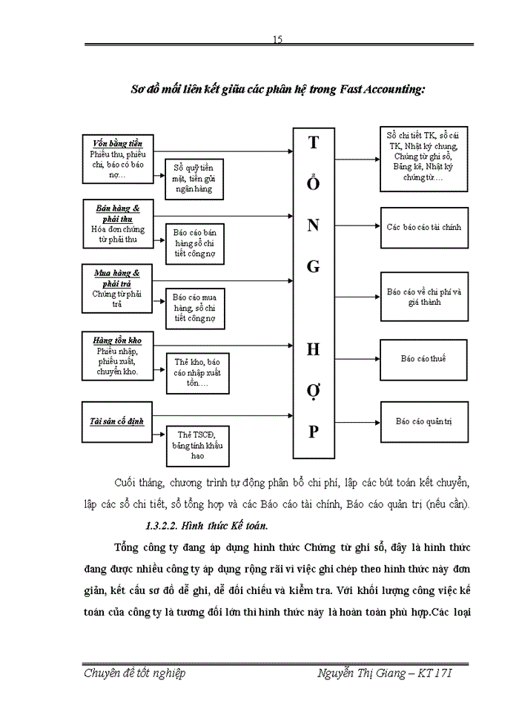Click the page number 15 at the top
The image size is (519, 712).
[x=277, y=39]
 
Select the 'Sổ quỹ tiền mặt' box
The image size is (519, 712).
[x=194, y=178]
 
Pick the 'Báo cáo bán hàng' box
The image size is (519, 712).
[x=194, y=242]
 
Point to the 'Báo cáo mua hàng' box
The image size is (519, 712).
[x=194, y=307]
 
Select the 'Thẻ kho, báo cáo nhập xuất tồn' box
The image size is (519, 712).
[x=197, y=372]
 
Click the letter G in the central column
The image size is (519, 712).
[x=313, y=266]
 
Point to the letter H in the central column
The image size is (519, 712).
[x=313, y=348]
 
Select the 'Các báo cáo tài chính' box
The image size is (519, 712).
[x=423, y=227]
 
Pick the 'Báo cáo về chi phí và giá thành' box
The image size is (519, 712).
[x=423, y=297]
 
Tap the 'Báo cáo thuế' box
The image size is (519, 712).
[x=423, y=359]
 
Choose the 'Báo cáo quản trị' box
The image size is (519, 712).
[x=423, y=421]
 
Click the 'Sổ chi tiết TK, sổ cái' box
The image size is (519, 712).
[x=423, y=156]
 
